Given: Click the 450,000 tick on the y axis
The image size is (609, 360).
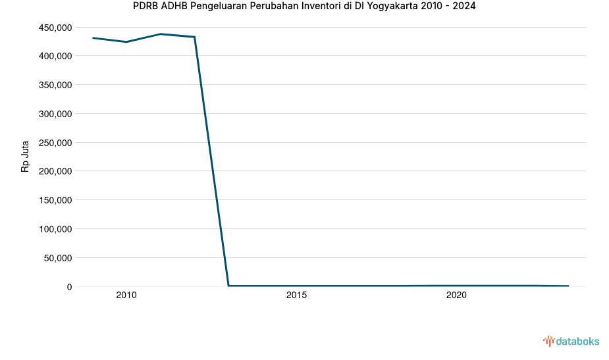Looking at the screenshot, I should coord(55,28).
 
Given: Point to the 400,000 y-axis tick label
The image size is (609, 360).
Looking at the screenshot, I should coord(55,56).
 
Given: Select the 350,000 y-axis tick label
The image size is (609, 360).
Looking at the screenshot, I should coord(55,85).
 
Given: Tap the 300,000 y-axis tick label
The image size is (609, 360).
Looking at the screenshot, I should coord(55,114).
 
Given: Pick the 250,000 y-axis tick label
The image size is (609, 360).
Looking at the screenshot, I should coord(55,143).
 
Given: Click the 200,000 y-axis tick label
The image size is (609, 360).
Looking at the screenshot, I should coord(55,171).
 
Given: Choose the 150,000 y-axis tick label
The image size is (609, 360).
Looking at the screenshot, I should coord(55,200).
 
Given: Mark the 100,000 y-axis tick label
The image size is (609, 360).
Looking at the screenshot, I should coord(55,229).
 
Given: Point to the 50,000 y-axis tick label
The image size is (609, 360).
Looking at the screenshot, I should coord(58,258).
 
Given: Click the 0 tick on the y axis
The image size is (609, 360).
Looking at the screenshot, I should coord(68,287).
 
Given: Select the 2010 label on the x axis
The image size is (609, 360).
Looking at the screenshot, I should coord(126,296).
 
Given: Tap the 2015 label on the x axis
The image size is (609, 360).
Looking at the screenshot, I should coord(296,296).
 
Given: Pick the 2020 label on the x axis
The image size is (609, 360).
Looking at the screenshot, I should coord(456,296).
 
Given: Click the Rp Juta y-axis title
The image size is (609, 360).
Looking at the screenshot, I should coord(26,157).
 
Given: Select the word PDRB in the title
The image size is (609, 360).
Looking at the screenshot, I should coord(146,7).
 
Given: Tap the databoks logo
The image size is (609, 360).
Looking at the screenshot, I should coord(571,341).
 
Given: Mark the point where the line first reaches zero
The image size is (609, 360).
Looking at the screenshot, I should coord(228,286).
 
